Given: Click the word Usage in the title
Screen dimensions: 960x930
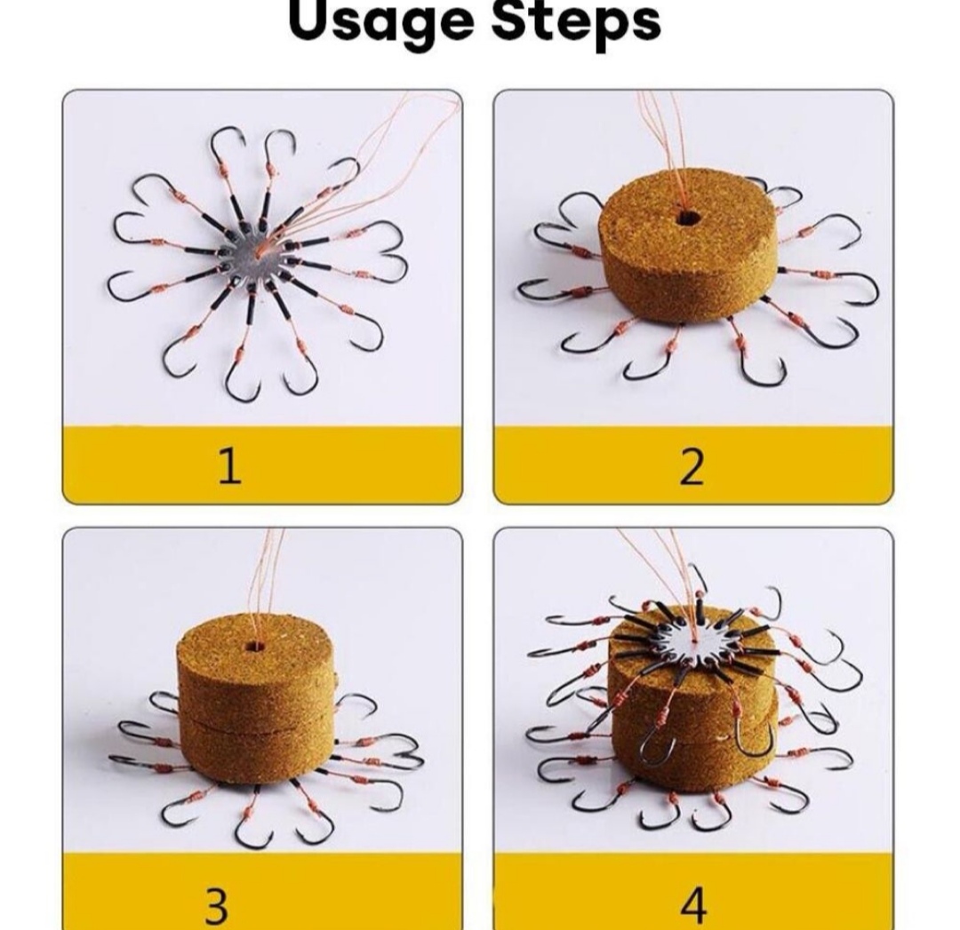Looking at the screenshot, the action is [380, 23].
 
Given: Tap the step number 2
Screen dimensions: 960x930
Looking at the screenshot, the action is [692, 467].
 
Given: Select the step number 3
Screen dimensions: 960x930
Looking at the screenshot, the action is [215, 906].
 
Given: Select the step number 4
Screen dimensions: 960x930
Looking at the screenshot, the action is [692, 906].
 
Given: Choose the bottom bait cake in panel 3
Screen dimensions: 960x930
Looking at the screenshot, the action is [257, 750].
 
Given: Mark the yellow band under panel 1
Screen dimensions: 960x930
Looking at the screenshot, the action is [262, 465].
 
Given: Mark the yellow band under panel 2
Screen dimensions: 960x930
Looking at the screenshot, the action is [693, 465].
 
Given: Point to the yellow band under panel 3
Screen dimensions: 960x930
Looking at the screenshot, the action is [262, 890].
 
